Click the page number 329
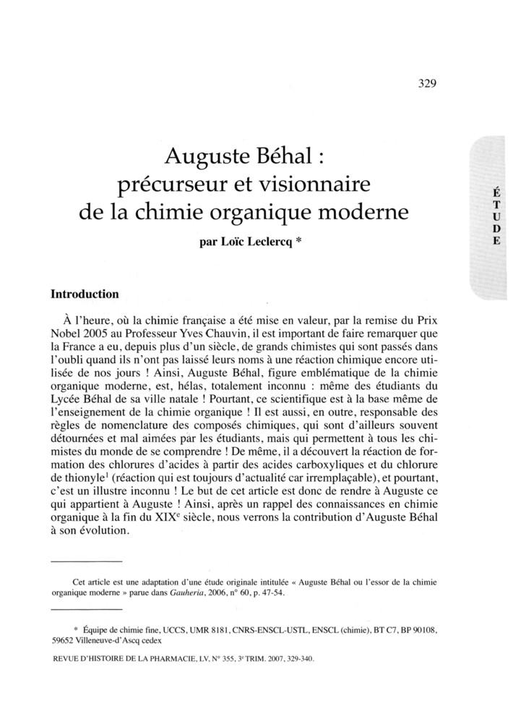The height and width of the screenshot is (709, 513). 427,83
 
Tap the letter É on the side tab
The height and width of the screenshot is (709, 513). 496,193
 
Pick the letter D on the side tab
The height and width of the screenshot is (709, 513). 496,229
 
